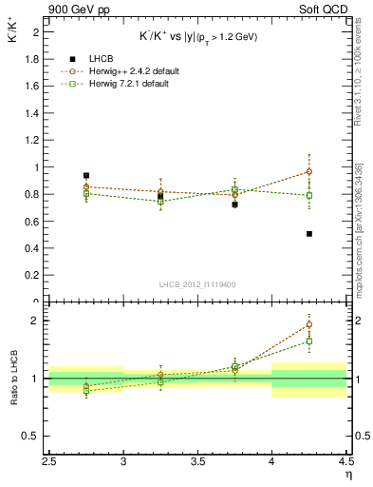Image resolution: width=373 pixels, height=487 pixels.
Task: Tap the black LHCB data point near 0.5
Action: point(309,234)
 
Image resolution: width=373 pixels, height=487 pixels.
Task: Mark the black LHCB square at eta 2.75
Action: point(86,176)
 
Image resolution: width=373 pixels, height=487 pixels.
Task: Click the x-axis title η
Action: point(348,473)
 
